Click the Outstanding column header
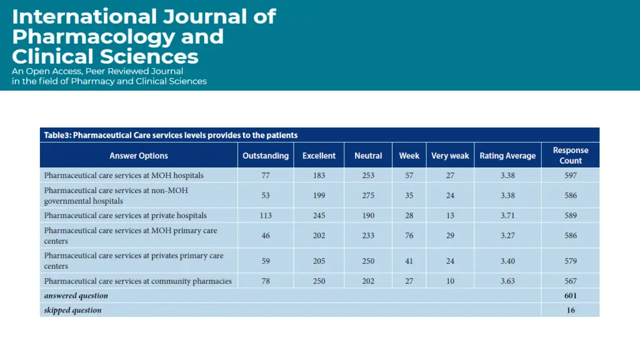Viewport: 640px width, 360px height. (x=266, y=156)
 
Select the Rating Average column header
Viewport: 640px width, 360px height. (x=507, y=156)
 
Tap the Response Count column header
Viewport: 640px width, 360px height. (x=570, y=155)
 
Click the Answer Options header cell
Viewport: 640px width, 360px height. (x=139, y=156)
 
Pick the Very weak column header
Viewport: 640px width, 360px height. (x=450, y=156)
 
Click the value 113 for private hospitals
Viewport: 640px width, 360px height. (x=266, y=216)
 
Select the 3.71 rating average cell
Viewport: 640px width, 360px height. (x=507, y=216)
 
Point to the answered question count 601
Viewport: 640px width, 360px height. (x=570, y=296)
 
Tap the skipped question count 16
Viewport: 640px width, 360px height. (x=570, y=310)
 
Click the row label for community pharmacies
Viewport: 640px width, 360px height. (x=137, y=281)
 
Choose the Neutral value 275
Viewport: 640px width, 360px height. (x=368, y=196)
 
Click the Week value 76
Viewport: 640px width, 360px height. (x=409, y=236)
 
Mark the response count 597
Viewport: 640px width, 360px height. (x=570, y=176)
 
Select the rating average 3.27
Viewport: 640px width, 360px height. (x=507, y=236)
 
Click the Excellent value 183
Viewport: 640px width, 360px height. (x=319, y=176)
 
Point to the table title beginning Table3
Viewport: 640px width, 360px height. (x=171, y=135)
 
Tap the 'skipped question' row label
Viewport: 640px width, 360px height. (x=72, y=310)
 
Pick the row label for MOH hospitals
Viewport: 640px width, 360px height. (x=124, y=176)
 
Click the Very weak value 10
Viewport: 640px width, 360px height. (x=450, y=281)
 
